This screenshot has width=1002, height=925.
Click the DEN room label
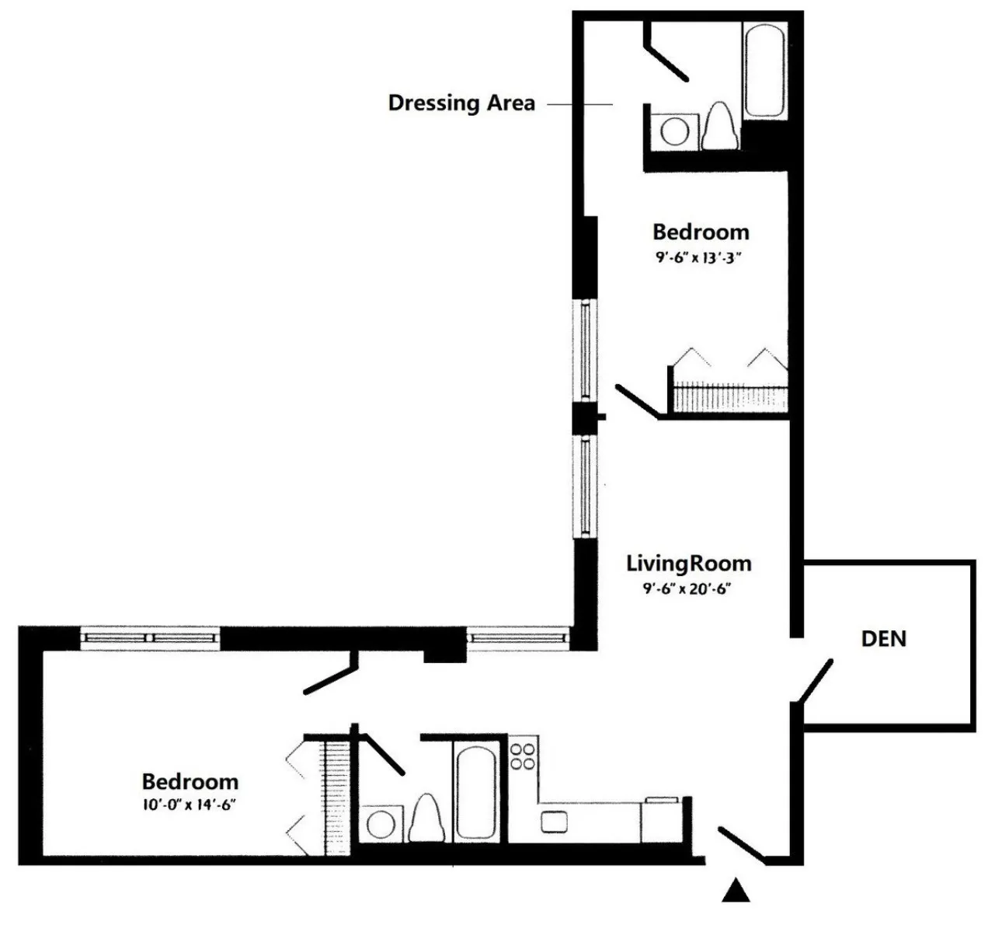tap(883, 639)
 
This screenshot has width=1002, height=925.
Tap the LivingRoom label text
tap(689, 563)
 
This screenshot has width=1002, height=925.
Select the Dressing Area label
tap(461, 103)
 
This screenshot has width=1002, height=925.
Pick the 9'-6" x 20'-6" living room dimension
tap(687, 588)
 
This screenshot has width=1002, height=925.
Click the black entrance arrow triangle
tap(736, 891)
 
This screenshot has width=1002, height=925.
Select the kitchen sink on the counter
tap(554, 820)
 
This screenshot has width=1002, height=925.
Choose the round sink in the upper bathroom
tap(673, 131)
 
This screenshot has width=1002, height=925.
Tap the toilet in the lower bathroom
tap(425, 819)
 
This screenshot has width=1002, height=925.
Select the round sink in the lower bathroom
tap(381, 824)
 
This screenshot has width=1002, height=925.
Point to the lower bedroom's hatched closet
tap(337, 797)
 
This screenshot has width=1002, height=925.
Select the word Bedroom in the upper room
tap(700, 232)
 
